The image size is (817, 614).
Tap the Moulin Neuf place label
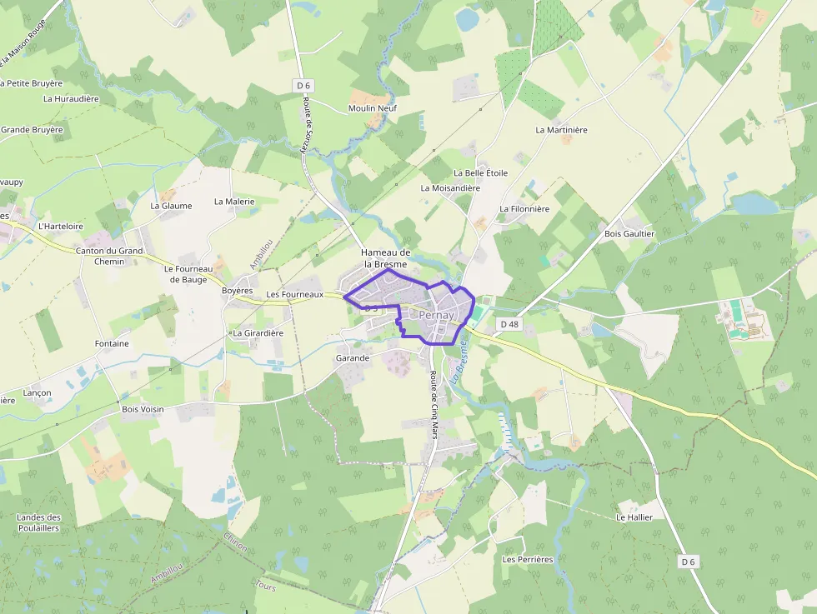372,108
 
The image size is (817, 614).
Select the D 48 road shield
509,322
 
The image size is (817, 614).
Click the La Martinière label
561,130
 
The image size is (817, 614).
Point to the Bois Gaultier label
629,234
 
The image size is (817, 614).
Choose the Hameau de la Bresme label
385,258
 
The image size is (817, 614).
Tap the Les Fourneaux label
294,295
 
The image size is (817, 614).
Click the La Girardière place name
258,333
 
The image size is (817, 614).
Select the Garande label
352,358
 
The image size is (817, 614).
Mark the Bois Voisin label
143,409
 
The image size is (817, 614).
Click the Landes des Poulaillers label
38,522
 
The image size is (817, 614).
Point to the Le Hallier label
634,517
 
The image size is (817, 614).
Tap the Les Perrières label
528,560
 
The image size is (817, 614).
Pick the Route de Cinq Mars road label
434,404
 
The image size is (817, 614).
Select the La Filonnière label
524,209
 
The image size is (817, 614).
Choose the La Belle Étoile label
480,173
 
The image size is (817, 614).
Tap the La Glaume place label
171,206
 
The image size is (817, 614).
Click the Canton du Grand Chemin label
109,256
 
